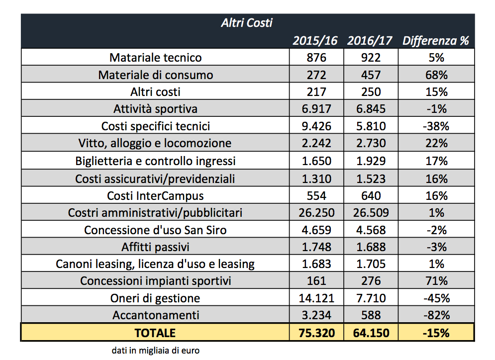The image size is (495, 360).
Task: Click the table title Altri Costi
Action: [247, 22]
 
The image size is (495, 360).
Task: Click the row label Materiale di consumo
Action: [155, 75]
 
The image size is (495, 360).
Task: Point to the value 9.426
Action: [316, 126]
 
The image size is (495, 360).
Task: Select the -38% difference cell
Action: [435, 126]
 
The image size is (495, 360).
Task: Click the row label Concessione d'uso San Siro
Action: [155, 230]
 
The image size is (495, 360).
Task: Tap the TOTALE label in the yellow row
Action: [155, 333]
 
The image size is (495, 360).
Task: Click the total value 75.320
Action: [316, 333]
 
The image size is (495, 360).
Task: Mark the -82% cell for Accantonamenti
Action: [435, 315]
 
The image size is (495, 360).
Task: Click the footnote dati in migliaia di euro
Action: [155, 351]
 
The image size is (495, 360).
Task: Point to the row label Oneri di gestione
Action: [155, 298]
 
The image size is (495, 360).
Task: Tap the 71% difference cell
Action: [435, 281]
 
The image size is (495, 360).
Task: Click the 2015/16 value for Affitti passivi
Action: [316, 247]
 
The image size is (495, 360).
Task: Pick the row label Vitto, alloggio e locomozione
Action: [155, 144]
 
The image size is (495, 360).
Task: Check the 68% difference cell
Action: [435, 75]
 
